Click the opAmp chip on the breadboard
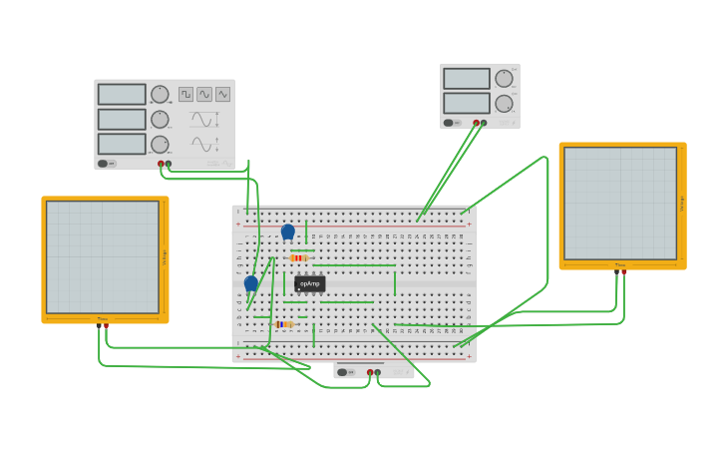[x=309, y=283]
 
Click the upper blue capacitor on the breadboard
[x=288, y=231]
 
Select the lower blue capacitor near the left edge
[x=251, y=283]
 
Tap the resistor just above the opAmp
[x=299, y=258]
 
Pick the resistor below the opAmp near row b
[x=285, y=324]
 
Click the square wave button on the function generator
[x=185, y=94]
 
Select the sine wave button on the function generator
[x=204, y=94]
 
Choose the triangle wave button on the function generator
[x=222, y=94]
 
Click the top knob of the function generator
[x=160, y=95]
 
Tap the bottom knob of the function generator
[x=160, y=144]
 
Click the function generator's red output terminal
[x=161, y=164]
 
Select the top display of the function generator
[x=122, y=94]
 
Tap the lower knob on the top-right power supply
[x=505, y=103]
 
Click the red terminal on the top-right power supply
[x=477, y=123]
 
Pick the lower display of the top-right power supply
[x=467, y=103]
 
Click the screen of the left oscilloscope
[x=103, y=256]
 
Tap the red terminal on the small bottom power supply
[x=370, y=372]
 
